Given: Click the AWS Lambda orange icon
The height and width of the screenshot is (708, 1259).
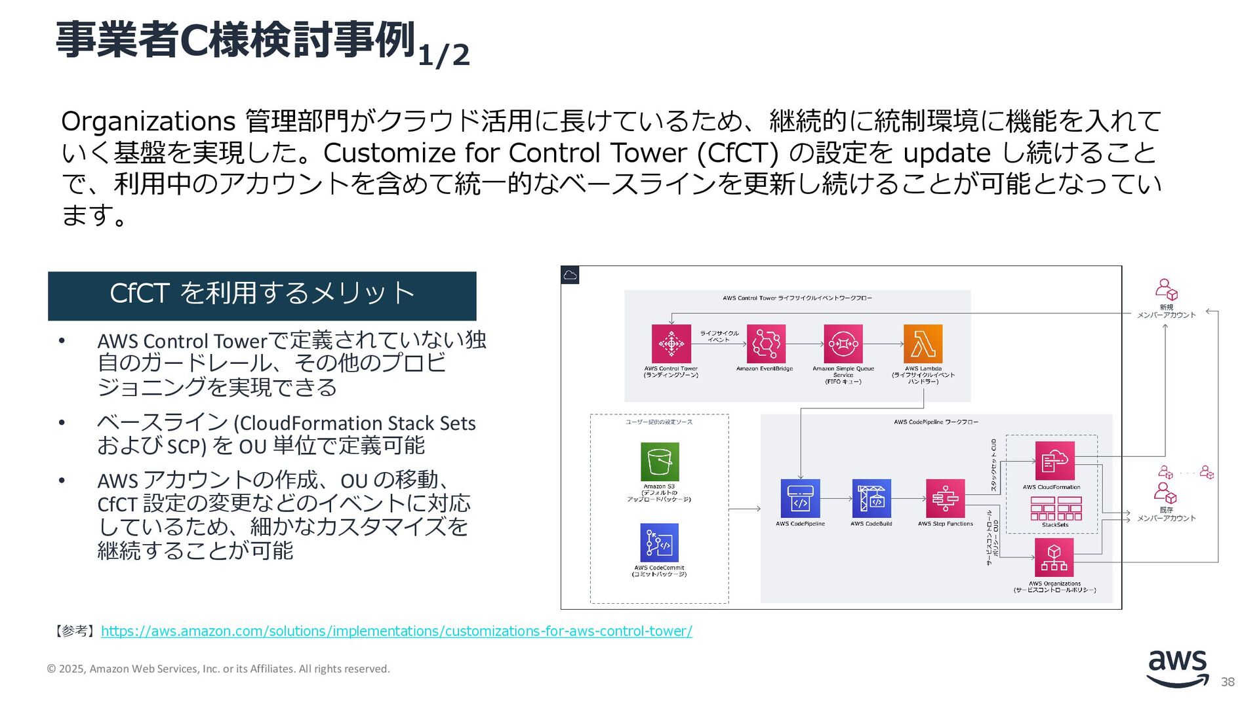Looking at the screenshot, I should pos(923,344).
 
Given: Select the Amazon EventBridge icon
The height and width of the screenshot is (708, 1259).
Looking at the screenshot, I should pos(765,344).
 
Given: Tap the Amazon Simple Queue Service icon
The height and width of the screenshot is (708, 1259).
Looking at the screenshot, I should pos(843,344).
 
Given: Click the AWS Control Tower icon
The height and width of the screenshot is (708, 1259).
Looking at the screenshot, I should pos(671,344).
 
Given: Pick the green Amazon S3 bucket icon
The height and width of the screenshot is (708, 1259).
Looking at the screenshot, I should pos(660,462).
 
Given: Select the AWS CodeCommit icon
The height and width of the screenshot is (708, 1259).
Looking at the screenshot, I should pos(659,543).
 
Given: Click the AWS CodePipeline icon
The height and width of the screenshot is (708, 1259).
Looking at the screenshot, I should pos(800,499).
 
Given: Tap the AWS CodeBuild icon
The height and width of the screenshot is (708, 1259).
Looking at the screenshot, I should pos(871,499).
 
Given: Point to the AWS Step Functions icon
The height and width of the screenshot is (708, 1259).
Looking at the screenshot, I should pos(945,499).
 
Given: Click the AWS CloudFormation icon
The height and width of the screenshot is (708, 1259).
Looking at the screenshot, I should pos(1054,461).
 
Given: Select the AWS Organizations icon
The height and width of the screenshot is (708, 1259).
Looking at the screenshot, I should pos(1054,558).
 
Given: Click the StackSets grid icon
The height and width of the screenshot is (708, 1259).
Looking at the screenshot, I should pos(1055,508).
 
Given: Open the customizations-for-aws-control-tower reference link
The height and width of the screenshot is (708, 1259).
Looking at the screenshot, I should pos(396,631).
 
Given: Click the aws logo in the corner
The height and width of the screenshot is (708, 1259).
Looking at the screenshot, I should pos(1178,668).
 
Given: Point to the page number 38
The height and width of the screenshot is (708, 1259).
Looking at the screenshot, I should pos(1228,682).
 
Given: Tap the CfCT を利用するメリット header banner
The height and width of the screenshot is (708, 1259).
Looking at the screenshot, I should pos(262,296).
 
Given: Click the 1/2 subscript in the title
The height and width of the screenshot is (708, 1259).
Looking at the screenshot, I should pos(444,55).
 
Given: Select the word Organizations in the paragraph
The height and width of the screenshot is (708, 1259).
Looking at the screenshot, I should pos(148,122).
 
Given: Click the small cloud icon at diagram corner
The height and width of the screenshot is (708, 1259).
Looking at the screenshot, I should pos(570,275).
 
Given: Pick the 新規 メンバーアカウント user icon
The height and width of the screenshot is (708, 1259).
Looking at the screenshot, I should pos(1166,289).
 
